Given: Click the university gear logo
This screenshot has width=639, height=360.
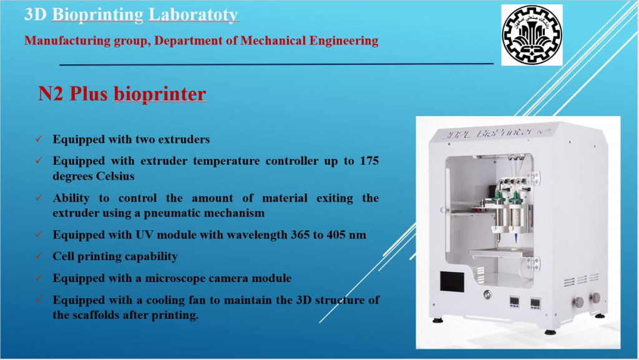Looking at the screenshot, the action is point(532,34).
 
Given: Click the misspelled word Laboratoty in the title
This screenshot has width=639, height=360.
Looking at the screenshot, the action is point(193,14).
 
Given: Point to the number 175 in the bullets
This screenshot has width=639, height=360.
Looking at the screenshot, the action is point(369,160).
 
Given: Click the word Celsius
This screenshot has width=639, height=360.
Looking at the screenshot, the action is point(115,176).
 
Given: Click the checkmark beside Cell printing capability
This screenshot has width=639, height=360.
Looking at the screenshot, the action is point(39,256).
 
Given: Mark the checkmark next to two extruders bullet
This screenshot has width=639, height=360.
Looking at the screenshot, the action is point(39,139).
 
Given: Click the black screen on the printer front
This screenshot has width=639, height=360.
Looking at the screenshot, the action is point(452,281).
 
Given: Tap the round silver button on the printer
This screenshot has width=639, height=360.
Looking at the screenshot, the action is point(487,294).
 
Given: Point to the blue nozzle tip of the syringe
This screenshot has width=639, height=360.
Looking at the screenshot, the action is point(516,238).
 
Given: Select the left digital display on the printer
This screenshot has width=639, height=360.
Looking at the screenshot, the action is point(514,302).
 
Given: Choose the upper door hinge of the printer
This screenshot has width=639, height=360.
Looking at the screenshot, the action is point(534,178).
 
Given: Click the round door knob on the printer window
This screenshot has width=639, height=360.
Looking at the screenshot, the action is point(444,210).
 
